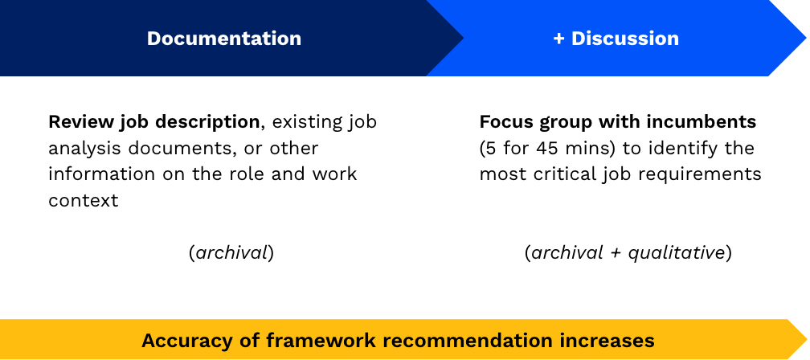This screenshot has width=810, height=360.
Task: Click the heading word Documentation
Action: [x=224, y=39]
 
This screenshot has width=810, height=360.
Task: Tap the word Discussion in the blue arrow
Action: [x=625, y=39]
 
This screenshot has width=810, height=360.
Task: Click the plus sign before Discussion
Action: [x=558, y=39]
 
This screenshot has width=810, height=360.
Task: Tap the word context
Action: [x=84, y=200]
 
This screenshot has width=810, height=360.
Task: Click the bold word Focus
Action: [x=505, y=122]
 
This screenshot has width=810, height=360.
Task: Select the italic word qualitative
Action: [x=677, y=253]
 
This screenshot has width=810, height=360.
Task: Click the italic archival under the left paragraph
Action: [x=232, y=253]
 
